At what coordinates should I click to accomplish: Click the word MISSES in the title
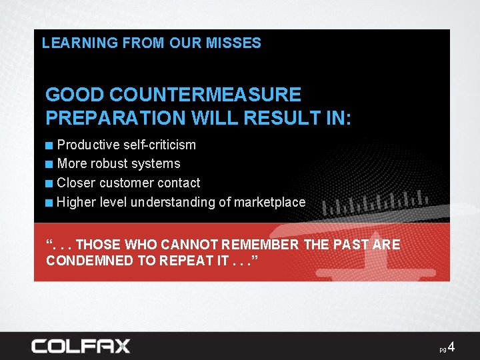point(233,43)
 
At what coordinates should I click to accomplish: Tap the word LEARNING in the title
point(71,43)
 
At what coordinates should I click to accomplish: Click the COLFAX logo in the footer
point(81,346)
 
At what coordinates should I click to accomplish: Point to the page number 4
point(451,347)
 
